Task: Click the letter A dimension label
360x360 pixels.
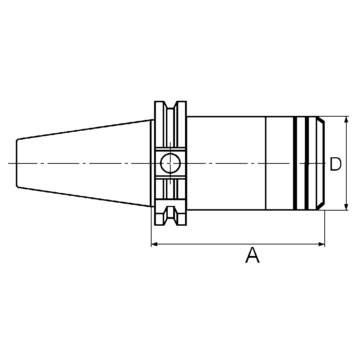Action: [x=252, y=255]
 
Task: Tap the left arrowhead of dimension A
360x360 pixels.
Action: [x=154, y=244]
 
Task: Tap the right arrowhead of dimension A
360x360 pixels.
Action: [x=322, y=244]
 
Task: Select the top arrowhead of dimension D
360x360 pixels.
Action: [x=346, y=120]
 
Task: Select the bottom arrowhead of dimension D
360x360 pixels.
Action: [x=346, y=207]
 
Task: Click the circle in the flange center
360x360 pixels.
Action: [x=170, y=163]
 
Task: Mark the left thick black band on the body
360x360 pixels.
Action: [x=296, y=163]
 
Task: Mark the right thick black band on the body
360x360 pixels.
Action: [x=307, y=163]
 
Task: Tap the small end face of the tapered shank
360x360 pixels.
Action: [x=17, y=163]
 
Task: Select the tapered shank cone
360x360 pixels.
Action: [x=83, y=163]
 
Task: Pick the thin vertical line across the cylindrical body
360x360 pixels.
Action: [x=266, y=144]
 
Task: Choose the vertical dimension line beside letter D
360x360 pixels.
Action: [x=346, y=144]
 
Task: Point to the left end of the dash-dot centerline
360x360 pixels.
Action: [x=9, y=164]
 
